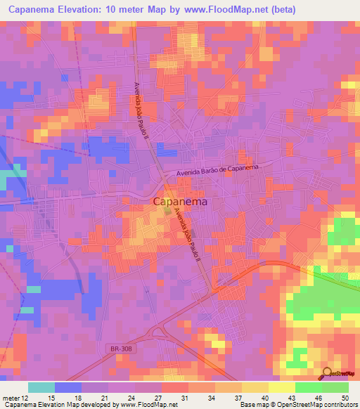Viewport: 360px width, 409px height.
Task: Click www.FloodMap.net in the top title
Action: (229, 10)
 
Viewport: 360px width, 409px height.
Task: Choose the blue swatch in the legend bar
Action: (67, 387)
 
